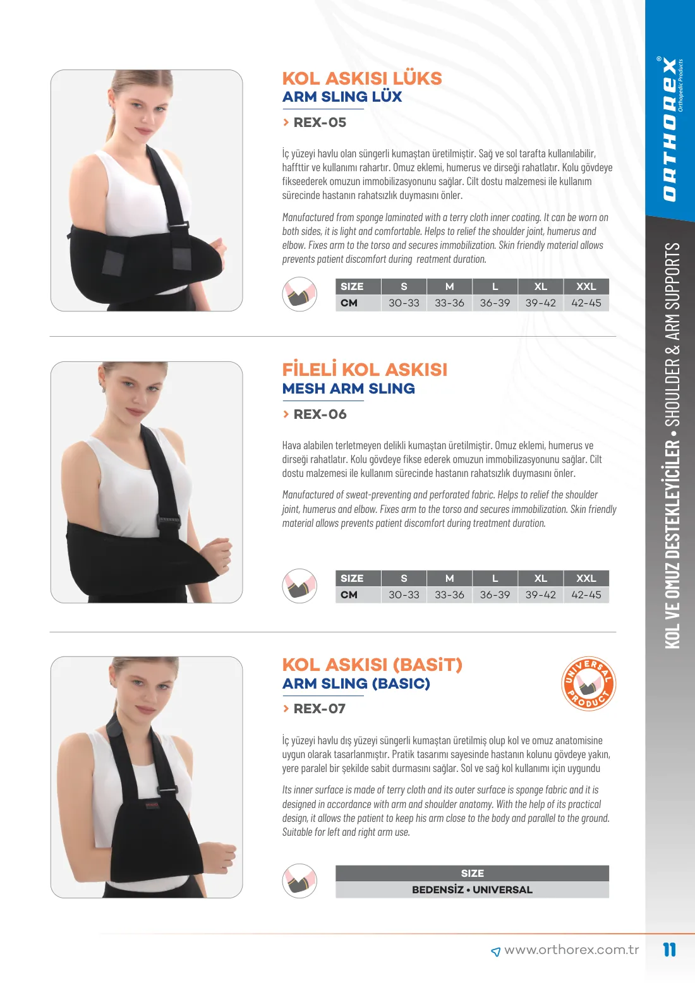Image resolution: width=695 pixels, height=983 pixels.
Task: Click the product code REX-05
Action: pyautogui.click(x=320, y=123)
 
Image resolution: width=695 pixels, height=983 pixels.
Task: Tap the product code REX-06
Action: pyautogui.click(x=320, y=414)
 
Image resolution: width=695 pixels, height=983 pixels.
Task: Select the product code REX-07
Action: pyautogui.click(x=320, y=709)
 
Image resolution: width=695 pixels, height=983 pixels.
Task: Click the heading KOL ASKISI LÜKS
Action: pyautogui.click(x=362, y=78)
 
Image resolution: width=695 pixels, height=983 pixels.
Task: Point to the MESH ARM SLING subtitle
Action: pyautogui.click(x=348, y=389)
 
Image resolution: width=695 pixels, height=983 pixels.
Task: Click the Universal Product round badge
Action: pyautogui.click(x=588, y=684)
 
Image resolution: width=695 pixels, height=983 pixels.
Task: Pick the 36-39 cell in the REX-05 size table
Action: pyautogui.click(x=495, y=303)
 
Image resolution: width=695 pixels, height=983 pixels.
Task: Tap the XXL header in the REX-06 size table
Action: pyautogui.click(x=586, y=579)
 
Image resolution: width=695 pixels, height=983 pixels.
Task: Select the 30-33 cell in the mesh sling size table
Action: pyautogui.click(x=404, y=594)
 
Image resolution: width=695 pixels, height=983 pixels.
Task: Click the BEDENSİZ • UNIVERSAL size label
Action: pyautogui.click(x=472, y=890)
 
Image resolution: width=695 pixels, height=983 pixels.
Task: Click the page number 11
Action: pyautogui.click(x=669, y=950)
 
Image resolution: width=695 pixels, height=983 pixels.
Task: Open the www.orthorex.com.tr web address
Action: pyautogui.click(x=571, y=950)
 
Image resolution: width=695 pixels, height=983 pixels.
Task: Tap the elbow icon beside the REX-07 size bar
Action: pyautogui.click(x=299, y=881)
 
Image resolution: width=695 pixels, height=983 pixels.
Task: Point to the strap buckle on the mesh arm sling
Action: pyautogui.click(x=169, y=521)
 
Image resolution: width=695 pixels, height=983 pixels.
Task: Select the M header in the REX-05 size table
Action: pyautogui.click(x=449, y=287)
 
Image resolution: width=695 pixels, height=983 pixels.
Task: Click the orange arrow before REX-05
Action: pyautogui.click(x=286, y=123)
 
